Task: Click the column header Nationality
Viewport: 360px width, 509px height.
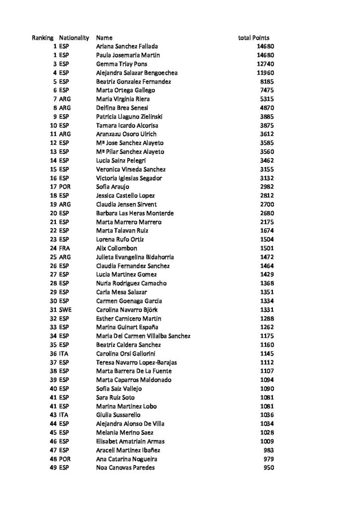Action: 74,38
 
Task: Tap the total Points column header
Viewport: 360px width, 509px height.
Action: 254,38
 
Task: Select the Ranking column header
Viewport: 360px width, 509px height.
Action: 43,38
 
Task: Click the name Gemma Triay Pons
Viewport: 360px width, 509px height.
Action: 121,64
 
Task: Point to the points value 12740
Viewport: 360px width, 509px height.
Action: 266,64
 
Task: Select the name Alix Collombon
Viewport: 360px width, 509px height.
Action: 116,249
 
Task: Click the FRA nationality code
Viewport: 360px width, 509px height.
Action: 65,249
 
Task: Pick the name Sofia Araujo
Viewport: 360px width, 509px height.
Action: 112,187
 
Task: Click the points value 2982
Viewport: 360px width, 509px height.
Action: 268,187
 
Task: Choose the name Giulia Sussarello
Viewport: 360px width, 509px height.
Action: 118,415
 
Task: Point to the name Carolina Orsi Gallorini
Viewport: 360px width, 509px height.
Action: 125,354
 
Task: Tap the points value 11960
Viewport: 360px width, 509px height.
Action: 266,73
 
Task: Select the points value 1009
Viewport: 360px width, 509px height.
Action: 268,441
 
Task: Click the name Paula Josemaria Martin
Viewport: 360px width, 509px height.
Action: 128,55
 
